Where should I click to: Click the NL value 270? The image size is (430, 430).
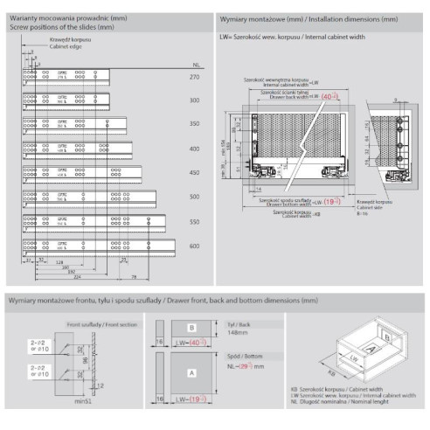click(x=194, y=79)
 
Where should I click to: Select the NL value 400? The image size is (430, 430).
click(x=194, y=149)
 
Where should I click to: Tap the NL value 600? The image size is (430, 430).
click(x=194, y=247)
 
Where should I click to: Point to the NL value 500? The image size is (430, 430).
click(x=194, y=198)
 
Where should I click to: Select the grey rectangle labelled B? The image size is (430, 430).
click(x=191, y=328)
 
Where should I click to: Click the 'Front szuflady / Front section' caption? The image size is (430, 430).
click(x=92, y=324)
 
